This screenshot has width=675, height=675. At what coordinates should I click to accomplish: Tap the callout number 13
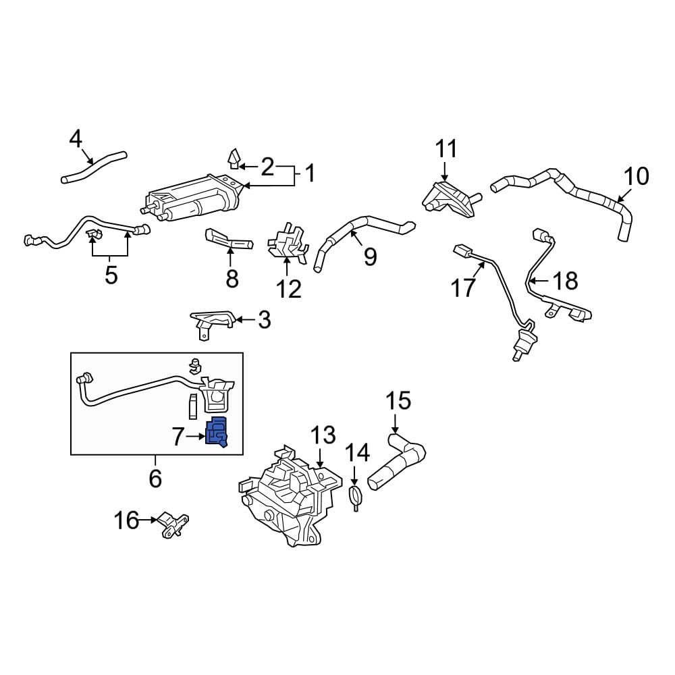[322, 435]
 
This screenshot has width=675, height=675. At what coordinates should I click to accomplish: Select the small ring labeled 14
[356, 497]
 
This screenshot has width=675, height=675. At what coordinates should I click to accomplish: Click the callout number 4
[75, 140]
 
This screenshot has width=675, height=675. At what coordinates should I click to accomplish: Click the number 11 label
[446, 148]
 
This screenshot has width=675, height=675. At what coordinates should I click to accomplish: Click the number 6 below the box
[155, 478]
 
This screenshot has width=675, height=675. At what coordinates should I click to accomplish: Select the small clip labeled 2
[232, 159]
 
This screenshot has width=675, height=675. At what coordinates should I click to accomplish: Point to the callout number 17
[464, 288]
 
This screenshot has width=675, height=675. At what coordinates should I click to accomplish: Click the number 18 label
[566, 281]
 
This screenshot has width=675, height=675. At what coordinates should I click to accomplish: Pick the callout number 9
[370, 256]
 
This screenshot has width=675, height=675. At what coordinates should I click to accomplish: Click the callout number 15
[398, 401]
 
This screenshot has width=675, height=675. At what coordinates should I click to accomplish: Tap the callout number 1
[310, 174]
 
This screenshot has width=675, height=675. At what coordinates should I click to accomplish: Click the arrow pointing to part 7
[196, 437]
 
